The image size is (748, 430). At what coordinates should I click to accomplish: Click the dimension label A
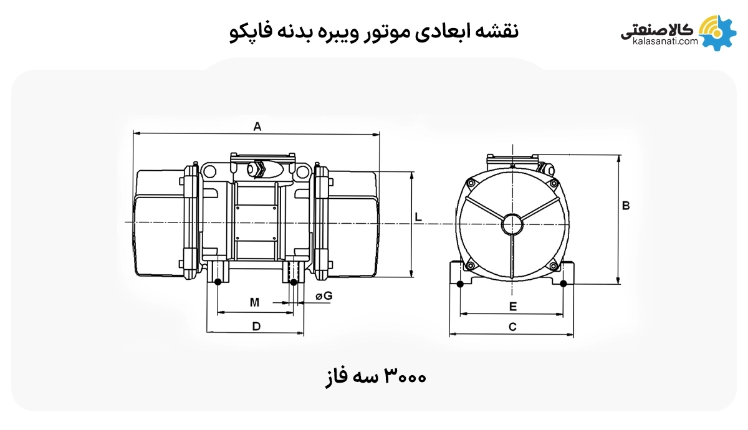tap(257, 127)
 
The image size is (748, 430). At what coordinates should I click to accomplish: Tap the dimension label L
tap(419, 217)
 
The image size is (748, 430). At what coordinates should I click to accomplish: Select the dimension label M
tap(254, 303)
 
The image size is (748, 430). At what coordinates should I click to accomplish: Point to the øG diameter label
tap(324, 297)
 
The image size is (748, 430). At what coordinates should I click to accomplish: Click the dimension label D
tap(256, 326)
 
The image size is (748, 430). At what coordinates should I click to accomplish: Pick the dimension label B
tap(626, 206)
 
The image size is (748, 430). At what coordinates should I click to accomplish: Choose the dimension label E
tap(512, 307)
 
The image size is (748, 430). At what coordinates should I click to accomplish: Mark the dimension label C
tap(512, 327)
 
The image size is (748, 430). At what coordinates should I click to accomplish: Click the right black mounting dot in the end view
tap(563, 284)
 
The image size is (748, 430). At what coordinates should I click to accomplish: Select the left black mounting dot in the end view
tap(460, 284)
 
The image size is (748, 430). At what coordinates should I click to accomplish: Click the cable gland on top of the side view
tap(259, 168)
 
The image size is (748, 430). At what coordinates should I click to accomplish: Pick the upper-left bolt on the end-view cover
tap(471, 183)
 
